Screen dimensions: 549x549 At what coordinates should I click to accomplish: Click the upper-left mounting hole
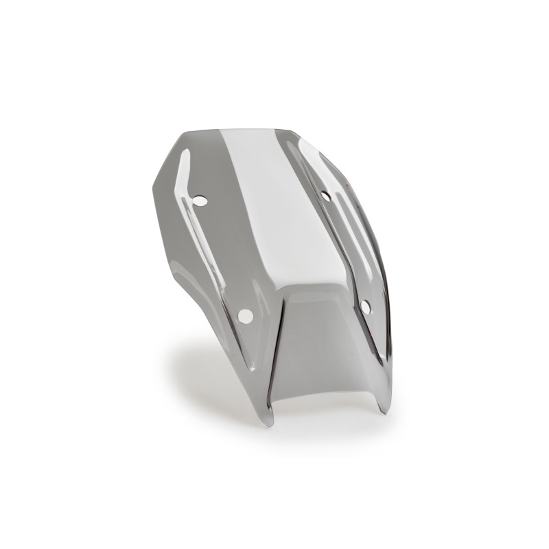(x=200, y=201)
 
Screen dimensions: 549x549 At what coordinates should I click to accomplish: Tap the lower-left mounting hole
(x=245, y=316)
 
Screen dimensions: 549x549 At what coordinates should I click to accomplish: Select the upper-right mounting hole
(x=325, y=196)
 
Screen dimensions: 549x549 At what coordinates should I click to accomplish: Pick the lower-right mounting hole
(x=365, y=307)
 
